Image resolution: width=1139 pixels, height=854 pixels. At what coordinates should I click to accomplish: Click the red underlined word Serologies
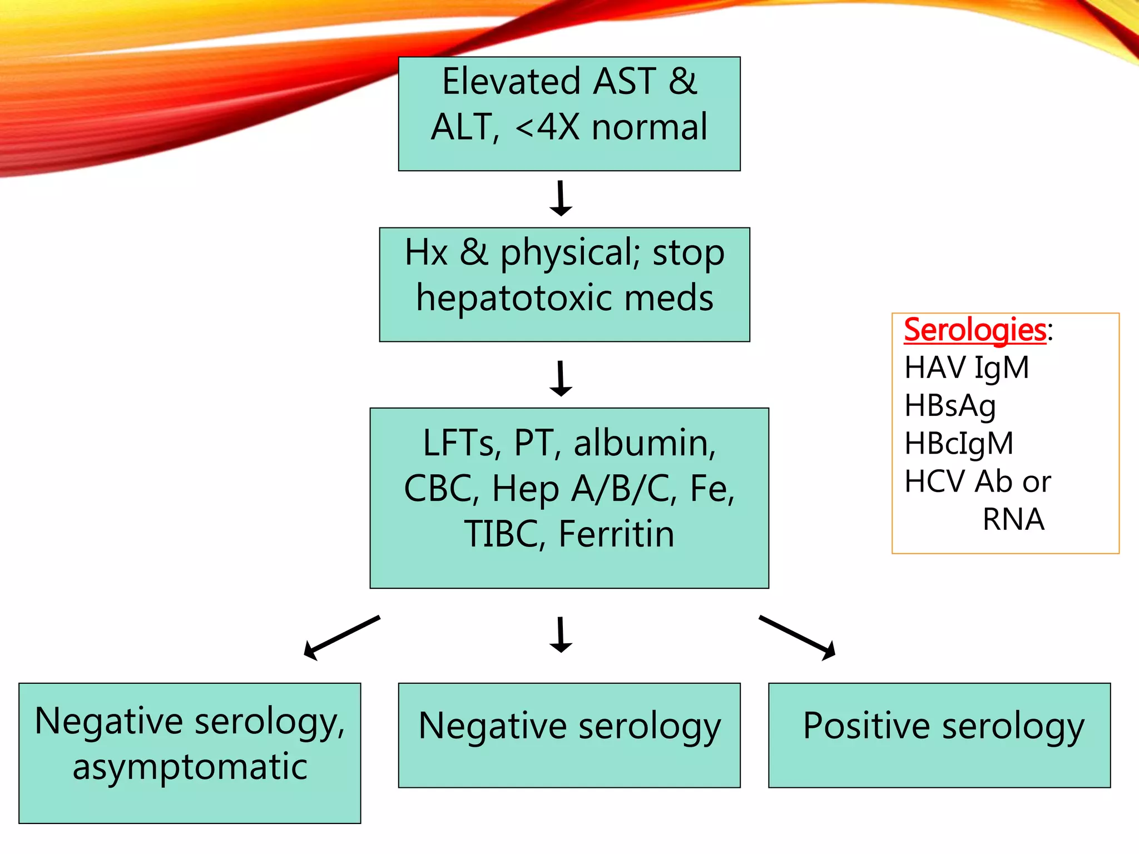[x=974, y=330]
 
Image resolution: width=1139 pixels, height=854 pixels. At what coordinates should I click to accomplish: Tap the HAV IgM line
[x=967, y=368]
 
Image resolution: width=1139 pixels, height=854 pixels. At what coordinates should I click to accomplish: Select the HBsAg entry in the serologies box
[x=950, y=406]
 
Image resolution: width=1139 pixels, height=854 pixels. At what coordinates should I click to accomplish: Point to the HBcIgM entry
[x=959, y=444]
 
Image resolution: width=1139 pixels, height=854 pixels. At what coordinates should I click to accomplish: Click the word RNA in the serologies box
[x=1013, y=519]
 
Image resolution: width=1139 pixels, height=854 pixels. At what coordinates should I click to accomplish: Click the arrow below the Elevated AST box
[x=561, y=198]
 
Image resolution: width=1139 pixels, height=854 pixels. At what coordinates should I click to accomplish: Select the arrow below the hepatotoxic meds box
[x=561, y=379]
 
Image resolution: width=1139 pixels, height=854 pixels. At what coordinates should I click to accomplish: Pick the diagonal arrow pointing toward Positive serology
[x=798, y=637]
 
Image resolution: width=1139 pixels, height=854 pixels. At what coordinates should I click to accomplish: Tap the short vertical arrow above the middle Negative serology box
[x=561, y=634]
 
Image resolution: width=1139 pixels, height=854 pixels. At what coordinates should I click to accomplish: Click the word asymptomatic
[x=190, y=767]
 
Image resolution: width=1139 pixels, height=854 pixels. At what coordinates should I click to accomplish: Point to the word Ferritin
[x=616, y=534]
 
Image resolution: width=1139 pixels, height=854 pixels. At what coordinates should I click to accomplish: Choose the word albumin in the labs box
[x=644, y=443]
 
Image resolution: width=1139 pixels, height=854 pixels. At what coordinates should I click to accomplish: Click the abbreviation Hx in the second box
[x=426, y=252]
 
